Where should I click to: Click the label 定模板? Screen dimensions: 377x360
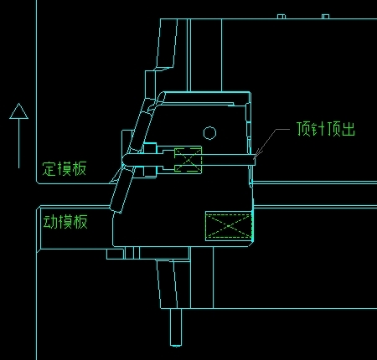click(x=65, y=168)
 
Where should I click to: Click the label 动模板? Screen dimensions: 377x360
click(x=65, y=222)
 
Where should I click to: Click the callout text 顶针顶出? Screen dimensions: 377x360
click(x=326, y=129)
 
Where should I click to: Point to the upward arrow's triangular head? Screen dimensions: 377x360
click(x=18, y=111)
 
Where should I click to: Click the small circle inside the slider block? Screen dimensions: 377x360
click(x=209, y=133)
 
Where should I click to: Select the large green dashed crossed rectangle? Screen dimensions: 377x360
click(x=229, y=226)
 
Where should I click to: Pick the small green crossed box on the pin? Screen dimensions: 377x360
click(x=188, y=160)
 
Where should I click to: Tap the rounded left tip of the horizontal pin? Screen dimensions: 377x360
click(x=124, y=160)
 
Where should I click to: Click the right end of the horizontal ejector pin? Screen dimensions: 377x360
click(x=254, y=160)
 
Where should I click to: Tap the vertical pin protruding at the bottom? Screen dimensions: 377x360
click(x=176, y=327)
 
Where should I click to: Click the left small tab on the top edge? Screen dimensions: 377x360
click(x=281, y=17)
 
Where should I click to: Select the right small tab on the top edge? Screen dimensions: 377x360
click(x=325, y=17)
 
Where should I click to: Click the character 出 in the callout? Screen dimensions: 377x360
click(x=349, y=129)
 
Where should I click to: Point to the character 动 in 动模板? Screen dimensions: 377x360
click(x=50, y=222)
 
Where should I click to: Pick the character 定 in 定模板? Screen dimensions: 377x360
click(x=49, y=169)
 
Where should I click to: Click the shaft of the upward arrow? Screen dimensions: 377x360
click(x=18, y=143)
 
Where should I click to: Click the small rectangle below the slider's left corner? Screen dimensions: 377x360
click(x=115, y=255)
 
